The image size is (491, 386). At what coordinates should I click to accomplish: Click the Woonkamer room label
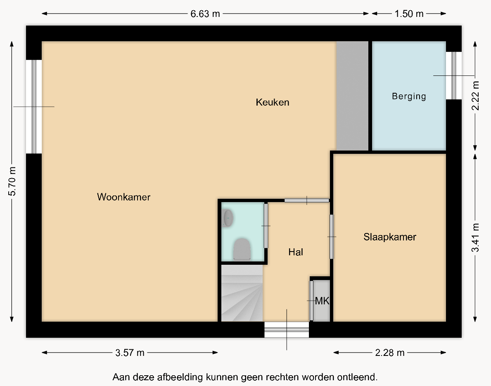[x=124, y=197]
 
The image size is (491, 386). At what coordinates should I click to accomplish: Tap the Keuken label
[x=273, y=102]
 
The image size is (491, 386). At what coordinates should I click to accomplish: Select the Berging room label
[x=409, y=96]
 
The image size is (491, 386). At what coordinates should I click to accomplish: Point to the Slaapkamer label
[x=389, y=237]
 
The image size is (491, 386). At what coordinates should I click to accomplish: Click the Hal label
[x=296, y=252]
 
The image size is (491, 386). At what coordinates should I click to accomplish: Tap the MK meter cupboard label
[x=322, y=301]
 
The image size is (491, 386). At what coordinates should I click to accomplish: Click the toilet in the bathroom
[x=242, y=249]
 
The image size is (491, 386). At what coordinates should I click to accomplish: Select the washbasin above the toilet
[x=228, y=218]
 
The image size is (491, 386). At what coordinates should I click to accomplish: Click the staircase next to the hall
[x=242, y=293]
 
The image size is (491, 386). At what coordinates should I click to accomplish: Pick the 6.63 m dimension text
[x=205, y=14]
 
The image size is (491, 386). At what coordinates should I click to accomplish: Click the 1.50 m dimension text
[x=409, y=14]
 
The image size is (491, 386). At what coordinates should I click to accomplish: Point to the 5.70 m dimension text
[x=12, y=181]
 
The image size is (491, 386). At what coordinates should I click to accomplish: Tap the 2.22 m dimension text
[x=475, y=96]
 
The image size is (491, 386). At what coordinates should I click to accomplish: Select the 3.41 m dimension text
[x=475, y=238]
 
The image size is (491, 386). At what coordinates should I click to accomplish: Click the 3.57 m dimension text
[x=130, y=353]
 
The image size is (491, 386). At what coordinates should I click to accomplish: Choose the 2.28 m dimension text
[x=390, y=353]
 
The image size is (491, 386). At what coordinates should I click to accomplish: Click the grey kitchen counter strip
[x=352, y=96]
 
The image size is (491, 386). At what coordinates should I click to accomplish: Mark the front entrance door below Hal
[x=287, y=330]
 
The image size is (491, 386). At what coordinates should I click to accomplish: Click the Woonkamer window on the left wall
[x=34, y=107]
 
